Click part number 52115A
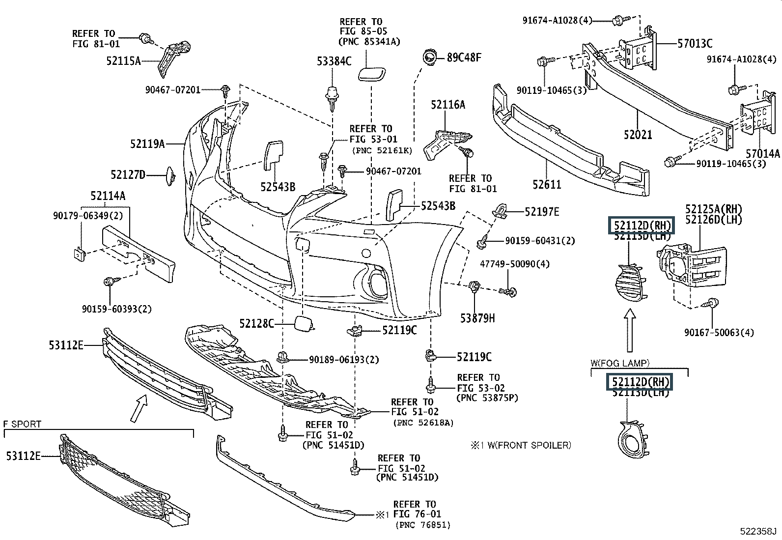pyautogui.click(x=123, y=61)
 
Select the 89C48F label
pyautogui.click(x=464, y=57)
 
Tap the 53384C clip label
pyautogui.click(x=334, y=61)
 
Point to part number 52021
pyautogui.click(x=638, y=134)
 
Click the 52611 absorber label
pyautogui.click(x=547, y=185)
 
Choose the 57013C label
pyautogui.click(x=695, y=43)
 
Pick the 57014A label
pyautogui.click(x=762, y=154)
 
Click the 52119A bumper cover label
pyautogui.click(x=147, y=144)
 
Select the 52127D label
pyautogui.click(x=128, y=174)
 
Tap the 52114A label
pyautogui.click(x=108, y=196)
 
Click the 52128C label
pyautogui.click(x=256, y=323)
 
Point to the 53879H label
pyautogui.click(x=477, y=318)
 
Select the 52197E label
pyautogui.click(x=542, y=212)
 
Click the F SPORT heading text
pyautogui.click(x=22, y=424)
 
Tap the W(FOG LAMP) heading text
pyautogui.click(x=620, y=364)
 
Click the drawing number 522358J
pyautogui.click(x=759, y=532)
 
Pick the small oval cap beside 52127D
pyautogui.click(x=171, y=176)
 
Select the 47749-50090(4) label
pyautogui.click(x=515, y=264)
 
